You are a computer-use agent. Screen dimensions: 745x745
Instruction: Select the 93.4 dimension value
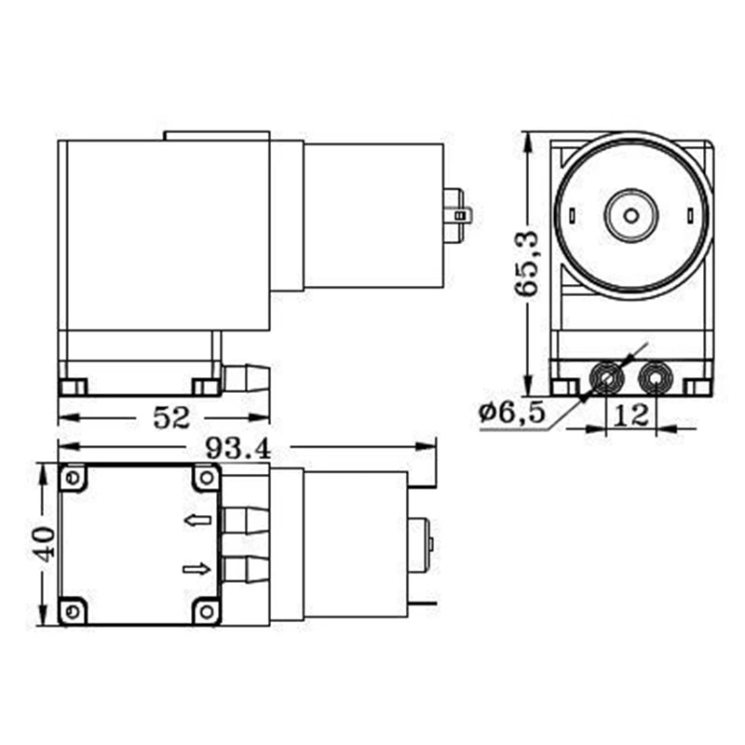237,449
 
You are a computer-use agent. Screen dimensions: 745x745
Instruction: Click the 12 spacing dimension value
632,415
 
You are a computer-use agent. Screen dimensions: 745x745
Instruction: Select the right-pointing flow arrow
196,568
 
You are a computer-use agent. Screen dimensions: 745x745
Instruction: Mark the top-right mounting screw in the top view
206,478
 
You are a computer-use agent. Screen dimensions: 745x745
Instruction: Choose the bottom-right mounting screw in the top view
206,612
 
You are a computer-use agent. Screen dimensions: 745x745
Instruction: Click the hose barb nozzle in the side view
247,378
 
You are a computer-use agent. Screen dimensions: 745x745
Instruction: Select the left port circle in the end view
607,379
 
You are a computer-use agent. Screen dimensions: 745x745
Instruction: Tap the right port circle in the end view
655,379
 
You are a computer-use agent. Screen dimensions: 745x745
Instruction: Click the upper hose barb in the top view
246,520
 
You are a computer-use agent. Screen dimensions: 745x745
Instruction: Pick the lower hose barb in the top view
246,568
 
